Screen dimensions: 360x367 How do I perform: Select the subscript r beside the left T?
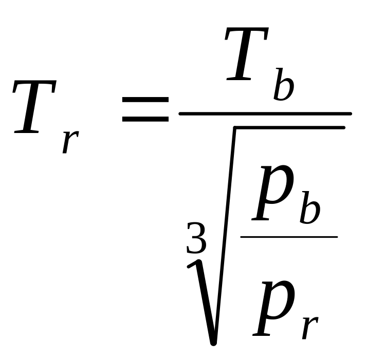point(70,140)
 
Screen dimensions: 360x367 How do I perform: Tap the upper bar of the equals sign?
point(145,101)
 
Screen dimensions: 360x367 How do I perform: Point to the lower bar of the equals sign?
point(145,119)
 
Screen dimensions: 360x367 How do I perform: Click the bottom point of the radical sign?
point(213,342)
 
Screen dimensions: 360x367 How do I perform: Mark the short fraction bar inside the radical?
point(288,237)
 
